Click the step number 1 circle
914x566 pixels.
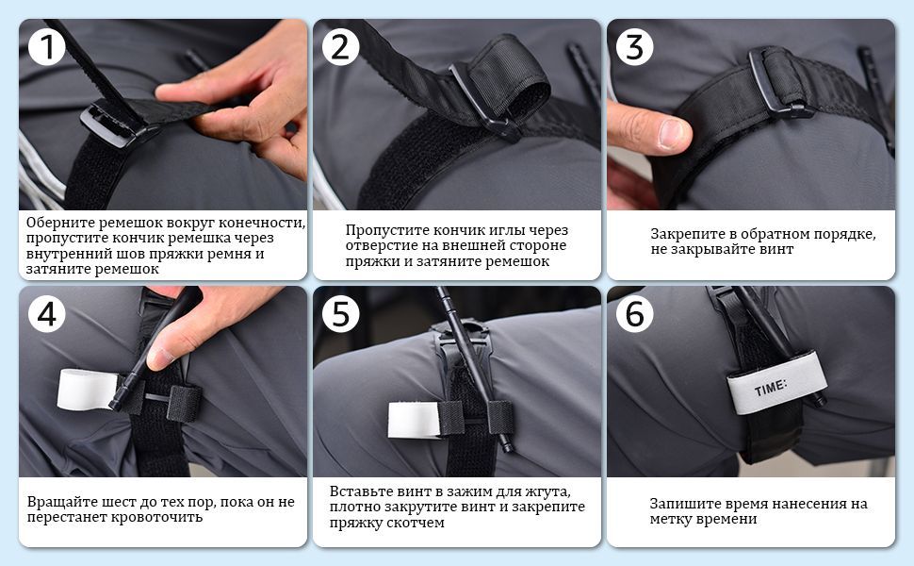coord(46,46)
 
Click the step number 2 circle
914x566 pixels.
coord(340,46)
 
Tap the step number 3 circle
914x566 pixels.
coord(634,46)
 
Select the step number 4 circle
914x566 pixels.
coord(46,314)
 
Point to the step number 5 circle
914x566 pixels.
coord(340,314)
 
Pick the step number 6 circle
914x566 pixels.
coord(634,314)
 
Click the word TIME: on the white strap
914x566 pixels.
coord(771,388)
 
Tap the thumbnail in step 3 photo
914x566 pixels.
coord(674,133)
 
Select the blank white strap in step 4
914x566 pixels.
coord(87,390)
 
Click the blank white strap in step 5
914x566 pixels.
coord(414,420)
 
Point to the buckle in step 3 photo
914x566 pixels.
coord(780,82)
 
